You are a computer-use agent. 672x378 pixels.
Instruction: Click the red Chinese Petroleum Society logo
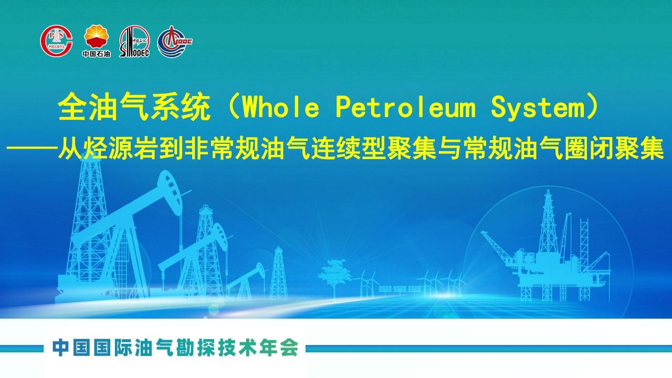click(56, 41)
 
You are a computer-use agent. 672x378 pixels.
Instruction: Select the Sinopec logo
click(134, 41)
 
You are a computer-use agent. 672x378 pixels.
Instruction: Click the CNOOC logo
click(175, 41)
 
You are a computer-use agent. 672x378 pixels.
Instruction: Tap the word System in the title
click(538, 109)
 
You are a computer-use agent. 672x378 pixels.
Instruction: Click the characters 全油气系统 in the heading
click(134, 107)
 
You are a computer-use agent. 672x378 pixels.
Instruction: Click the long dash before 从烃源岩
click(31, 148)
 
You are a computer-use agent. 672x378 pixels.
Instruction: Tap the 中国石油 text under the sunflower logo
click(96, 54)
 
